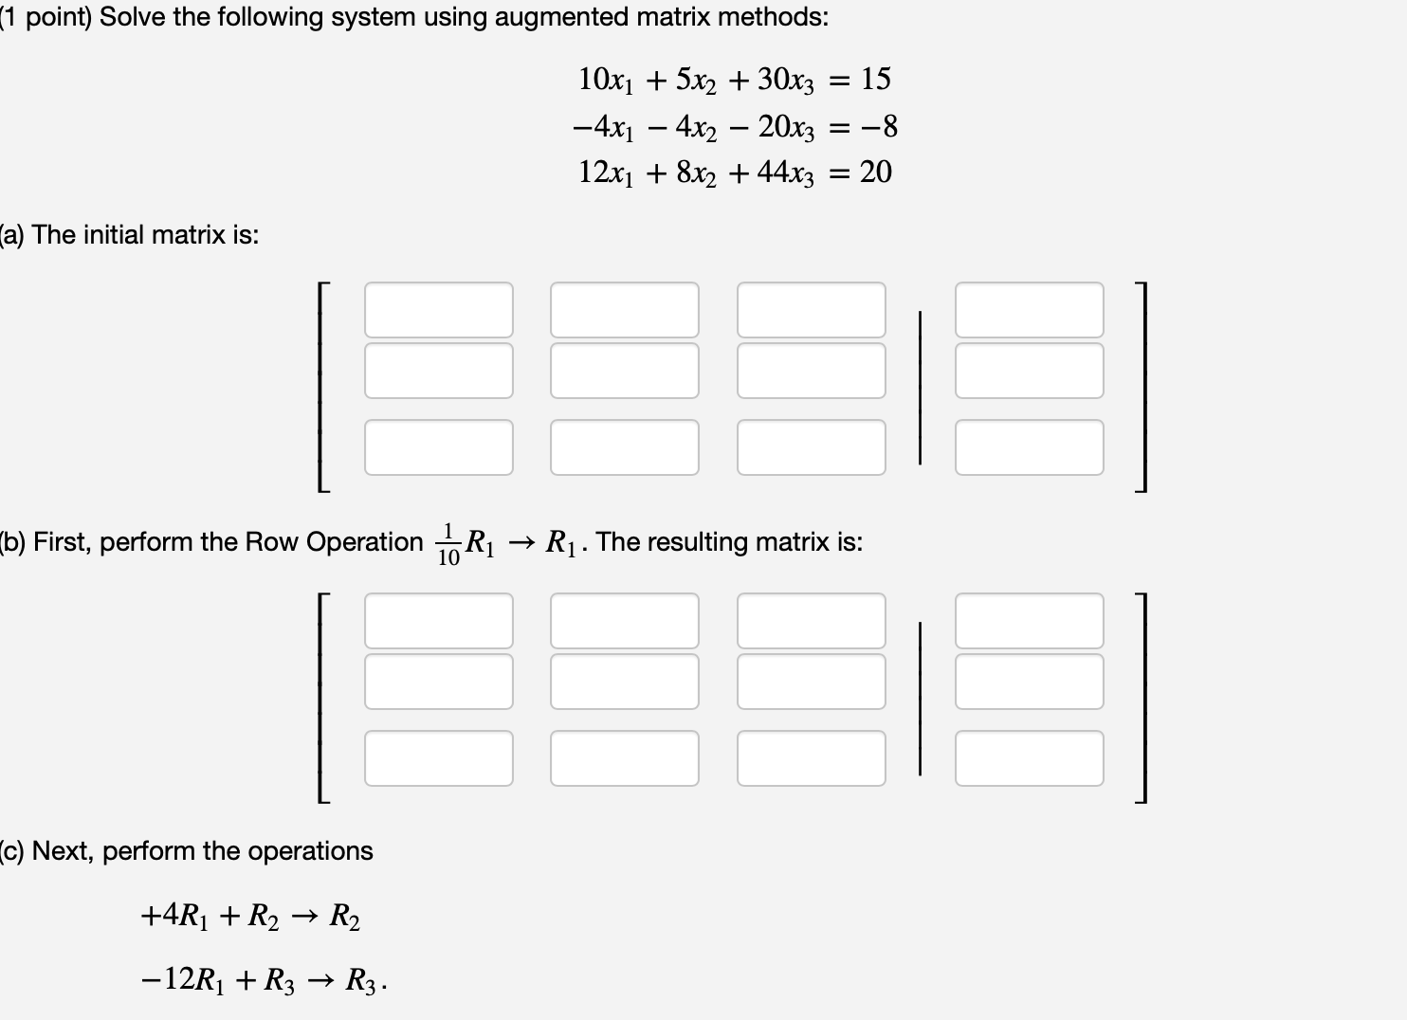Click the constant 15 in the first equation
click(x=876, y=79)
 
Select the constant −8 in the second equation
click(x=878, y=126)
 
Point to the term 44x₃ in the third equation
click(x=785, y=173)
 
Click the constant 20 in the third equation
click(x=876, y=173)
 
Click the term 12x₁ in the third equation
click(x=606, y=173)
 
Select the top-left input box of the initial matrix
click(x=438, y=310)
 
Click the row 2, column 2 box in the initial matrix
click(x=624, y=371)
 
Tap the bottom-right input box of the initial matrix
click(x=1029, y=447)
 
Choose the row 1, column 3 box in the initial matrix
click(x=811, y=310)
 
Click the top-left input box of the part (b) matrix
click(x=438, y=621)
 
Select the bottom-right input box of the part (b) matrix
click(x=1029, y=758)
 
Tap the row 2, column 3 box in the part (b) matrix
click(x=811, y=682)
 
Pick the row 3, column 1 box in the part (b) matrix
click(x=438, y=758)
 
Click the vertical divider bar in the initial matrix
click(x=920, y=389)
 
